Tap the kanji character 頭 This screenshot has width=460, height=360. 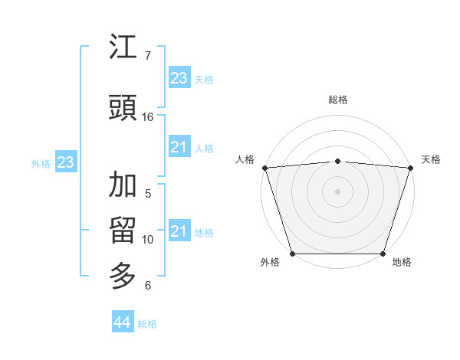[x=123, y=109]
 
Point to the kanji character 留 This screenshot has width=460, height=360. [x=123, y=231]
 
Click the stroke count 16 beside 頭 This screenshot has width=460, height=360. [x=148, y=117]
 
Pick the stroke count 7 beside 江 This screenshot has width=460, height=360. [x=147, y=56]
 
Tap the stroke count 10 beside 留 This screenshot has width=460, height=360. [x=148, y=240]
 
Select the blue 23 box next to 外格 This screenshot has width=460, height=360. [x=65, y=162]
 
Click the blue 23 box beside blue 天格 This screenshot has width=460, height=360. [x=179, y=78]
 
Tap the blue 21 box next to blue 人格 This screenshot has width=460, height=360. [x=179, y=147]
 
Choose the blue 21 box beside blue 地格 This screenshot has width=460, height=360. [x=179, y=231]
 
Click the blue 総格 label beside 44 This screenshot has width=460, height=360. [x=147, y=324]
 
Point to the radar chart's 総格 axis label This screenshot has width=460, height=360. [x=338, y=100]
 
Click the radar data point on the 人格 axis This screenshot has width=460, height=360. [x=264, y=168]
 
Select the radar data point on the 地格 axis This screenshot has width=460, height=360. [x=383, y=254]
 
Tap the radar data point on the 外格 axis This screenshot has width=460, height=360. [x=292, y=254]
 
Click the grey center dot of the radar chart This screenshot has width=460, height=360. [x=337, y=191]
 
